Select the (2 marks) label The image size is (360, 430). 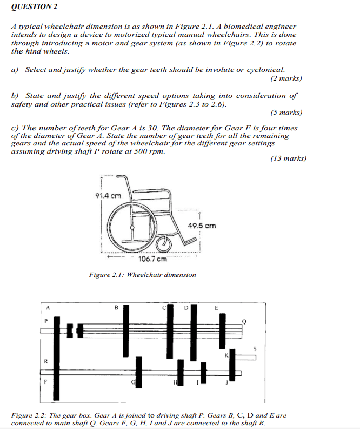click(x=286, y=79)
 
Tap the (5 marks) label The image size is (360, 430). click(x=286, y=113)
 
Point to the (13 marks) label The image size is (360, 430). click(x=288, y=158)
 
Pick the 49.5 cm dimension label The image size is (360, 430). click(x=202, y=225)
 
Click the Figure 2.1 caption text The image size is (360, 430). click(x=143, y=275)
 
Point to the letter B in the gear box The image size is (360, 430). click(x=116, y=308)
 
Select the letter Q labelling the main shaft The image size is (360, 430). click(x=244, y=321)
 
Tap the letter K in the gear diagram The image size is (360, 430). click(x=226, y=355)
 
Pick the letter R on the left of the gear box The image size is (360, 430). click(x=46, y=361)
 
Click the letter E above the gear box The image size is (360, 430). click(x=216, y=308)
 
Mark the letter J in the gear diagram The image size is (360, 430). click(x=227, y=383)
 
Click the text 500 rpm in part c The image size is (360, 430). click(x=151, y=151)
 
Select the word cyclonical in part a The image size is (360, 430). click(x=265, y=70)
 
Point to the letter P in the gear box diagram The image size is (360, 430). click(x=46, y=321)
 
